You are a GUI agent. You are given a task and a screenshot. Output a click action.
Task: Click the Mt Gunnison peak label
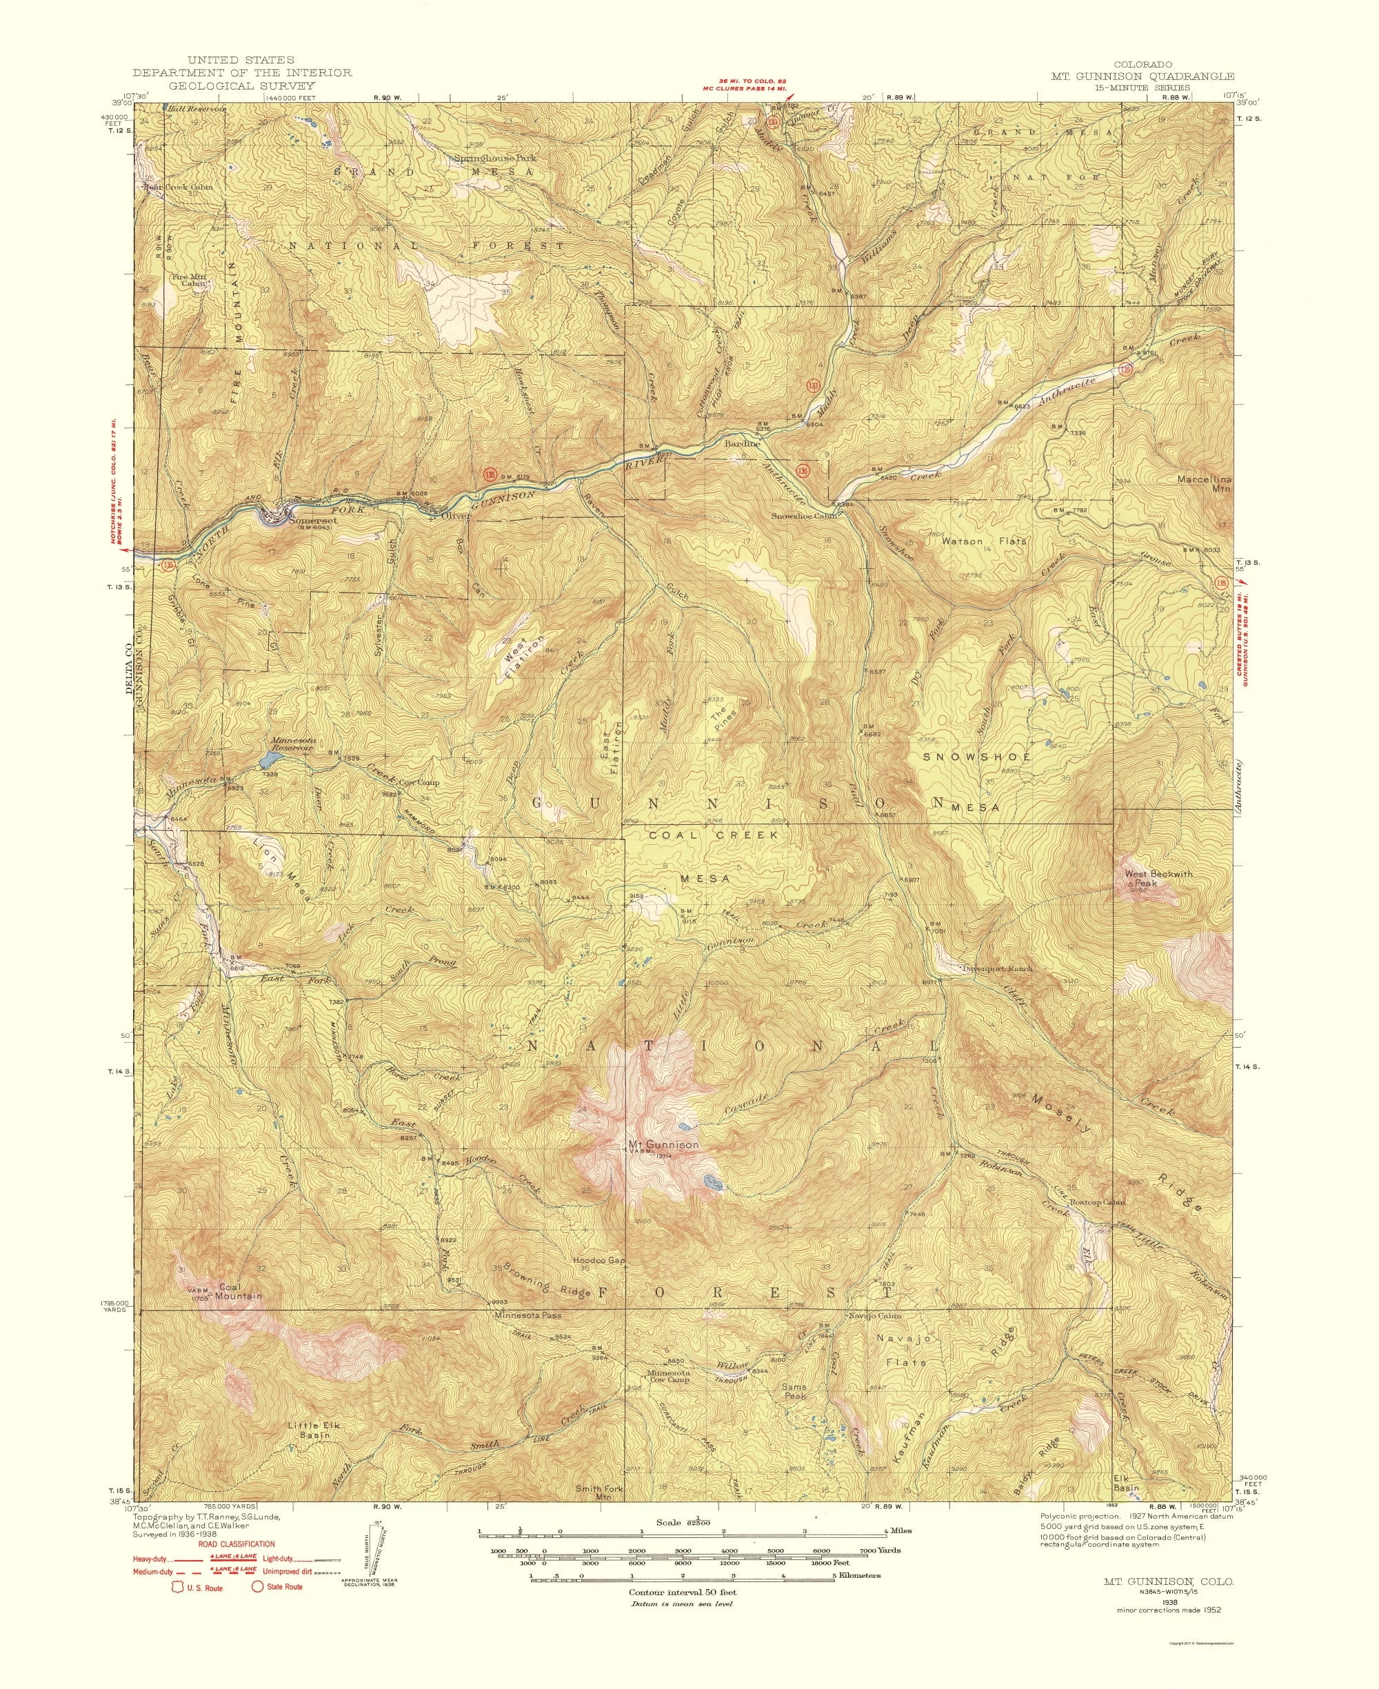tap(663, 1145)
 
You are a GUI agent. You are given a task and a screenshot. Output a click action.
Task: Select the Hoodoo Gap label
tap(599, 1283)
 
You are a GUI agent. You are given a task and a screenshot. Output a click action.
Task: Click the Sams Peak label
tap(793, 1391)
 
